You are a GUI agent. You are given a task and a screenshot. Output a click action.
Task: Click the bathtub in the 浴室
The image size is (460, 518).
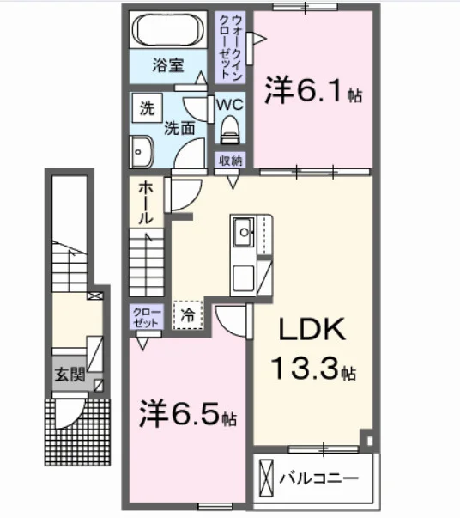(168, 30)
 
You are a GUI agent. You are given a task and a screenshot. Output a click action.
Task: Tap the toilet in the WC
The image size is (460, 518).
(230, 130)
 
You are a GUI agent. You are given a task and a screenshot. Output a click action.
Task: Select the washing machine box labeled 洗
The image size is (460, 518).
(148, 108)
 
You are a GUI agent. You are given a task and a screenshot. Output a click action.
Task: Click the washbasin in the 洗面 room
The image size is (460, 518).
(142, 152)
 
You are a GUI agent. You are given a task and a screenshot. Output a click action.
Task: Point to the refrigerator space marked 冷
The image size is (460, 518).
(188, 314)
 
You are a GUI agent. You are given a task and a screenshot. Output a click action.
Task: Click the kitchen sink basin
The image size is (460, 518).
(244, 232)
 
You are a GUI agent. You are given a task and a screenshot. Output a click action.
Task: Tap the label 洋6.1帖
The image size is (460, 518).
(313, 90)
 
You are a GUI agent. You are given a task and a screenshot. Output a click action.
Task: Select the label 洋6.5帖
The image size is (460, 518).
(188, 413)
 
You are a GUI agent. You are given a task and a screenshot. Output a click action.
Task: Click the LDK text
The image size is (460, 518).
(312, 329)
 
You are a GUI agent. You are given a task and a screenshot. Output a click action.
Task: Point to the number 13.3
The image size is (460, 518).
(305, 369)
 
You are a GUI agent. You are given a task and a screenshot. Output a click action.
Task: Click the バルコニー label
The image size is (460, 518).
(318, 478)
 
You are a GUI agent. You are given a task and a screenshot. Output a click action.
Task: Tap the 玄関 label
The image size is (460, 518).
(70, 375)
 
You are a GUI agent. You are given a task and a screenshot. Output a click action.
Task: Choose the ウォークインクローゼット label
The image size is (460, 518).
(230, 47)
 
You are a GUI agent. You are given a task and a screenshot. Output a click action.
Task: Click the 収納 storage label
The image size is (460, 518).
(230, 161)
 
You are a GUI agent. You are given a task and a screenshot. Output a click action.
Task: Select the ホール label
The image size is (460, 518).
(146, 203)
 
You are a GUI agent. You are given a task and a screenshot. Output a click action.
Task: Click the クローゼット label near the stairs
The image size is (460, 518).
(147, 318)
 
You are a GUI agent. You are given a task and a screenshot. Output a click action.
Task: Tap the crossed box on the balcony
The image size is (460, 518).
(266, 478)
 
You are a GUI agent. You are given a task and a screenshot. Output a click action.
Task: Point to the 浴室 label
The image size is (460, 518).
(168, 65)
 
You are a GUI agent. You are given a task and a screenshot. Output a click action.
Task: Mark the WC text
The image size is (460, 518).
(230, 105)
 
